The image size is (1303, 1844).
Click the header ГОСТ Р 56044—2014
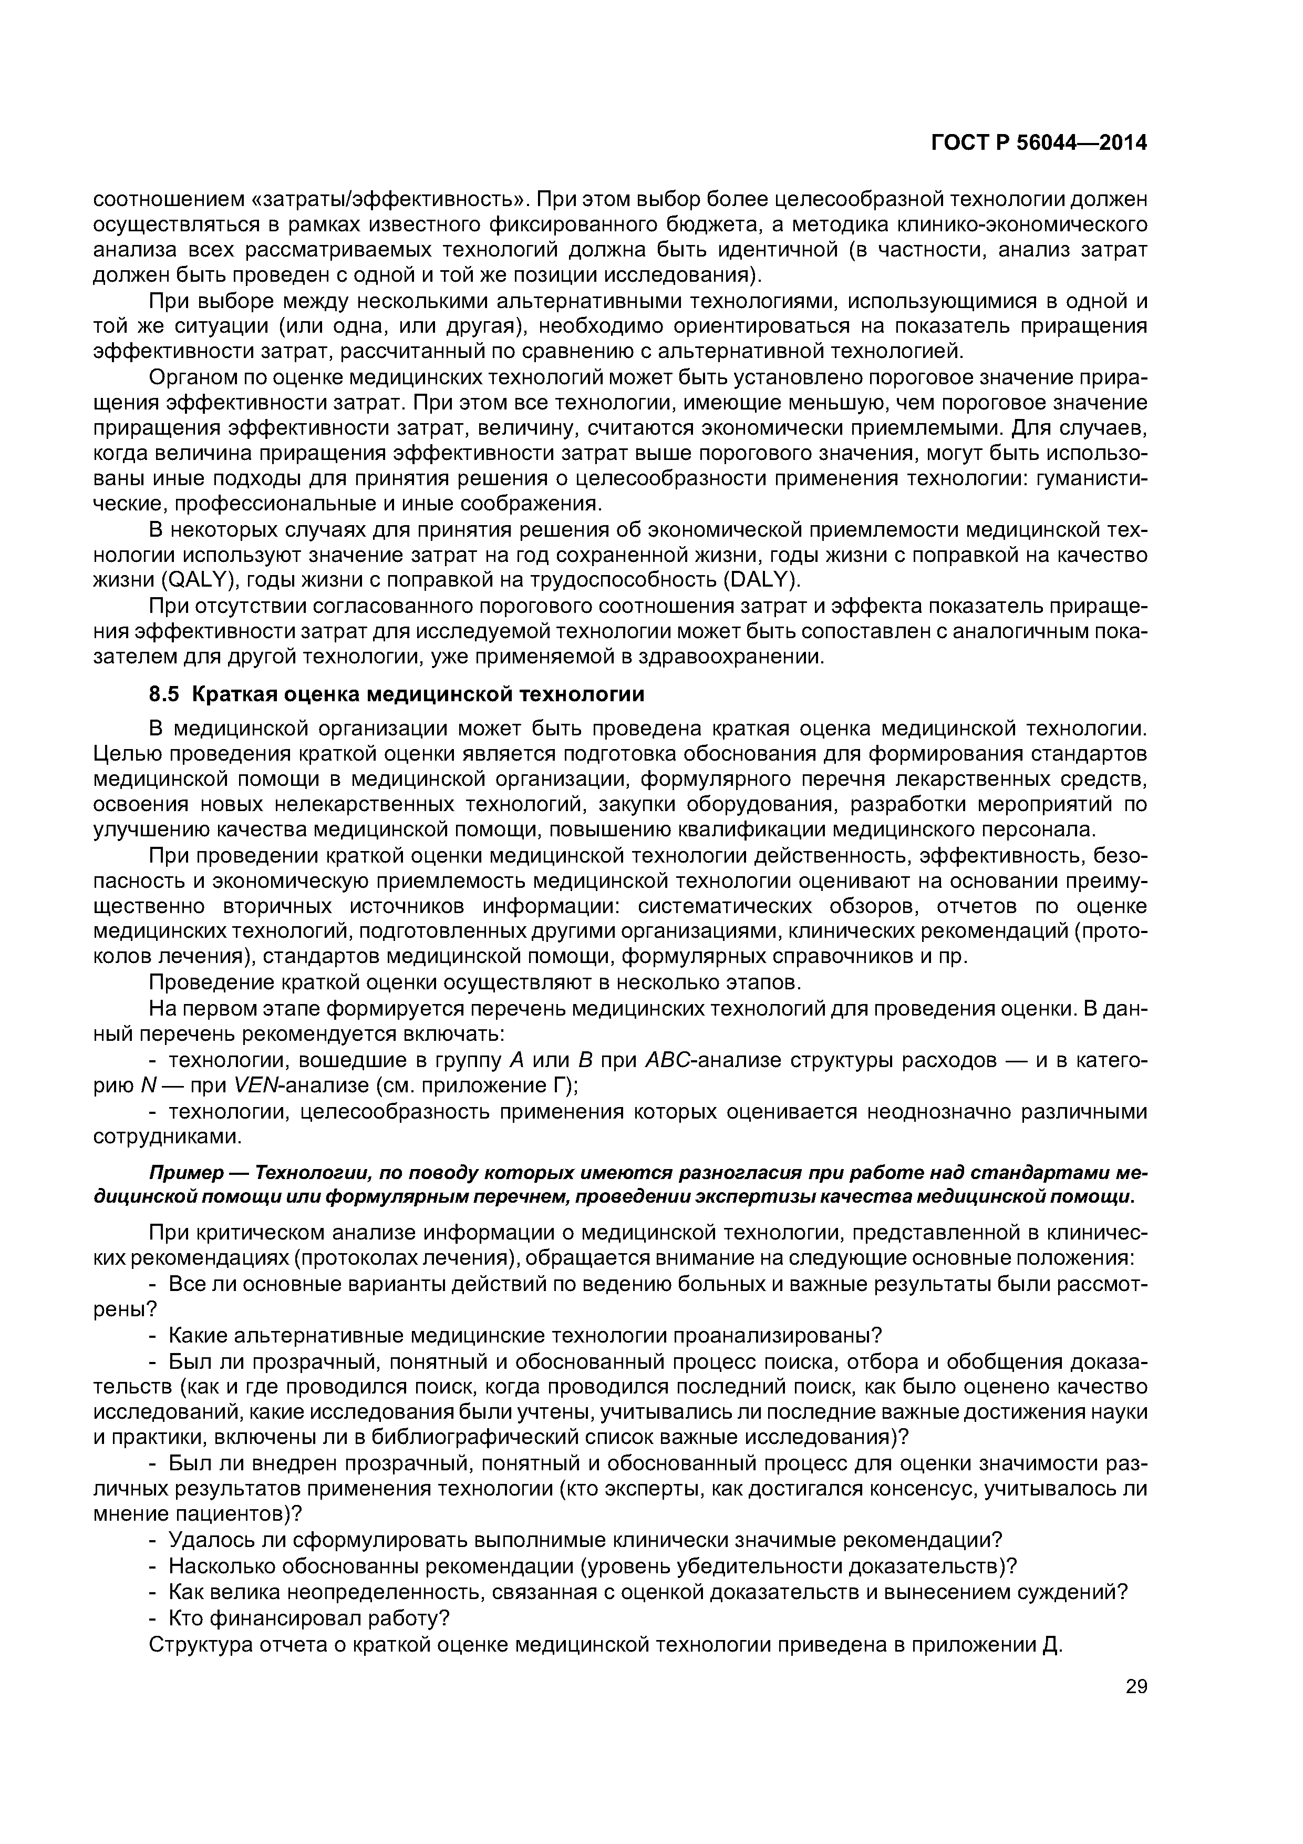pos(1039,143)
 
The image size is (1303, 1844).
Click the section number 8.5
pos(166,694)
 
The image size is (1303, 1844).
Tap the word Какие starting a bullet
pos(193,1336)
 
